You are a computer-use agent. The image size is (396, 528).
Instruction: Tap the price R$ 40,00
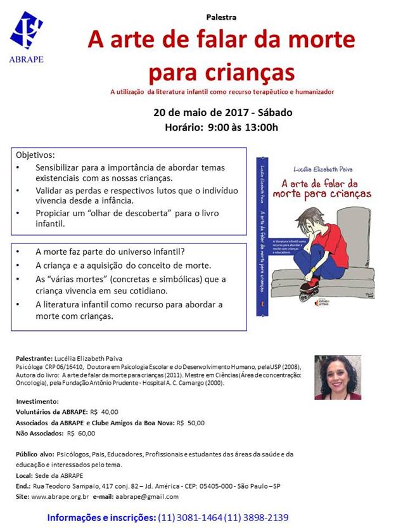pos(105,411)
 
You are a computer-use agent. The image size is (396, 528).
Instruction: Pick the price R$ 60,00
pos(82,434)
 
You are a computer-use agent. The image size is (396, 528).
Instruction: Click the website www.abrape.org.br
pos(60,497)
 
